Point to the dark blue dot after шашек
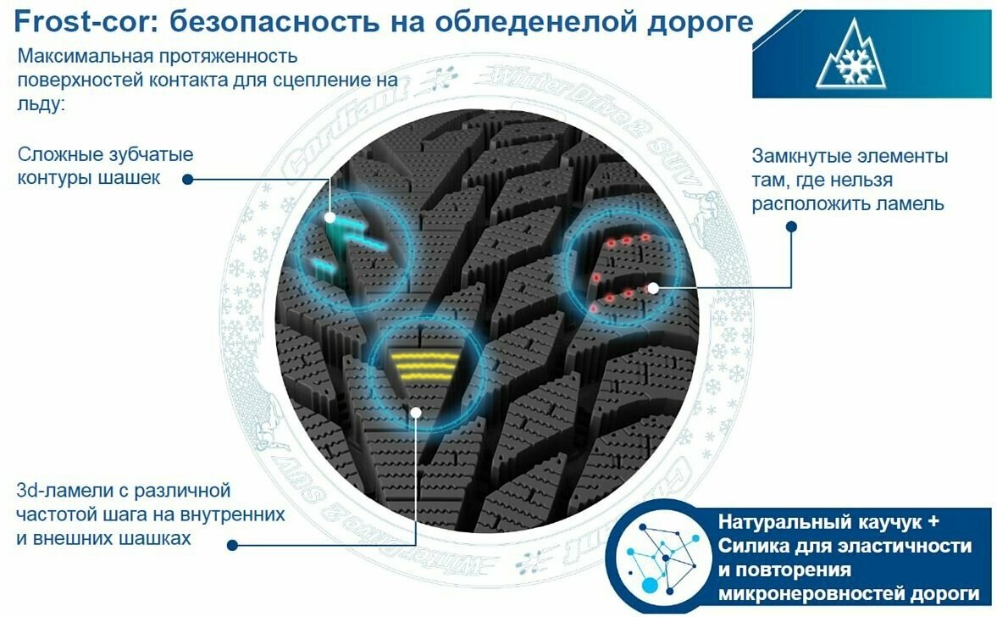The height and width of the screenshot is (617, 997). (x=187, y=179)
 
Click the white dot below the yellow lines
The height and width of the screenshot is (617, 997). (x=415, y=413)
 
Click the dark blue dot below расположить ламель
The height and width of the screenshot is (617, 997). (x=790, y=227)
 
